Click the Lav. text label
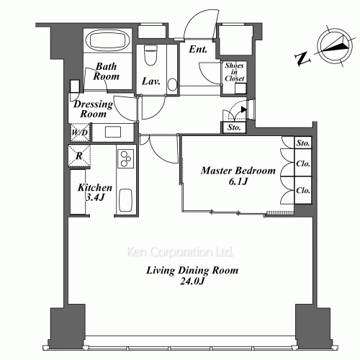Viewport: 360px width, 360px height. (151, 81)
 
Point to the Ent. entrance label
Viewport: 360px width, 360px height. (199, 50)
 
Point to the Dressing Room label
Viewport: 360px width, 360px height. (94, 109)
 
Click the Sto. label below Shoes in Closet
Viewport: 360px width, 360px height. (235, 128)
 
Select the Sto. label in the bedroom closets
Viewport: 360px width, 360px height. (302, 143)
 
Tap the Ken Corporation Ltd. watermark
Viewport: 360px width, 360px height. (180, 253)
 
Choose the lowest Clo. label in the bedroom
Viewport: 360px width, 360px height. (302, 191)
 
